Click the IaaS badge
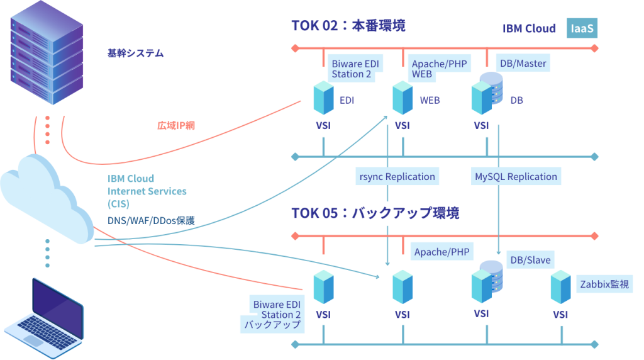pos(582,28)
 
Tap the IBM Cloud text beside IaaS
pos(528,28)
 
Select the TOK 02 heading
pos(348,25)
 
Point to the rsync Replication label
pos(396,176)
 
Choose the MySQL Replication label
pos(516,176)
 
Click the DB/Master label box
pos(523,64)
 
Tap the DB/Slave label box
pos(530,260)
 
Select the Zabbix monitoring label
pos(605,284)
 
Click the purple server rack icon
pos(47,53)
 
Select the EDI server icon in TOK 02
pos(323,98)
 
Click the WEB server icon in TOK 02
pos(402,98)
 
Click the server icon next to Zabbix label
pos(560,286)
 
